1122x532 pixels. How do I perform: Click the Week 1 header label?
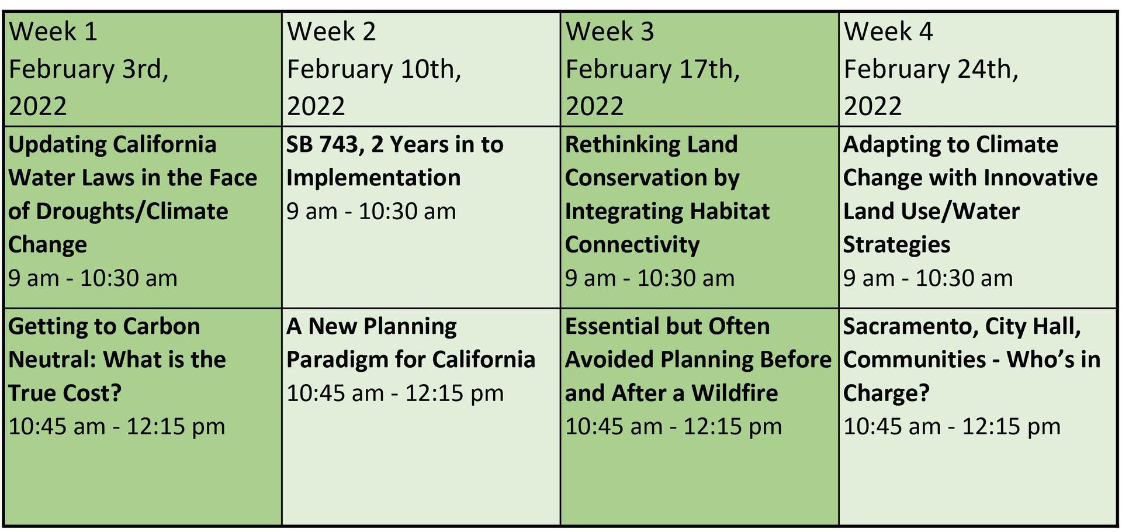tap(53, 32)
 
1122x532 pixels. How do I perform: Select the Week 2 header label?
tap(331, 32)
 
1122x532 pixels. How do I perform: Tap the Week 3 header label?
tap(610, 32)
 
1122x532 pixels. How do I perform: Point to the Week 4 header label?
tap(888, 32)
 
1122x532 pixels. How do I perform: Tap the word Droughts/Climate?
tap(132, 212)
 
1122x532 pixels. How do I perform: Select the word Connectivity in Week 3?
tap(632, 245)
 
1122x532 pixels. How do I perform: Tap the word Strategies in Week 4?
tap(896, 245)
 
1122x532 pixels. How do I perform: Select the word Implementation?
tap(373, 178)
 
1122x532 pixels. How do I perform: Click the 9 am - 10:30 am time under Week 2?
tap(371, 212)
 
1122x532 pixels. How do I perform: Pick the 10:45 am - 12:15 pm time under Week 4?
tap(952, 427)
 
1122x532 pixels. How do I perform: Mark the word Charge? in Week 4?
tap(886, 393)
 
